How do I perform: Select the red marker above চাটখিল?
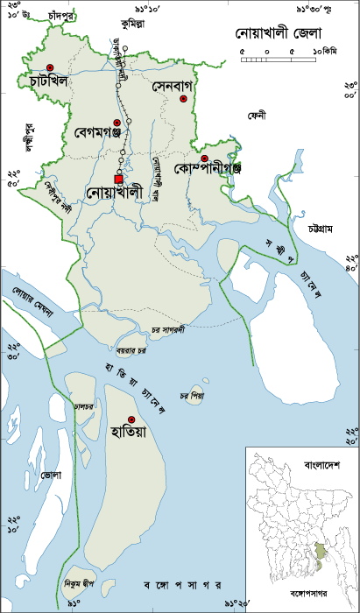(x=51, y=67)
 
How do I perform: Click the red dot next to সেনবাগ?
(x=184, y=99)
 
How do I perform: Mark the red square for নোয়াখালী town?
(x=118, y=180)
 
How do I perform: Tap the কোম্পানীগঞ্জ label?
(x=207, y=166)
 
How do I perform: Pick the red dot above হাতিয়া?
(x=131, y=419)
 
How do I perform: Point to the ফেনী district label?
(x=256, y=115)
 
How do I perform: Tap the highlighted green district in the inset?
(x=322, y=555)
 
